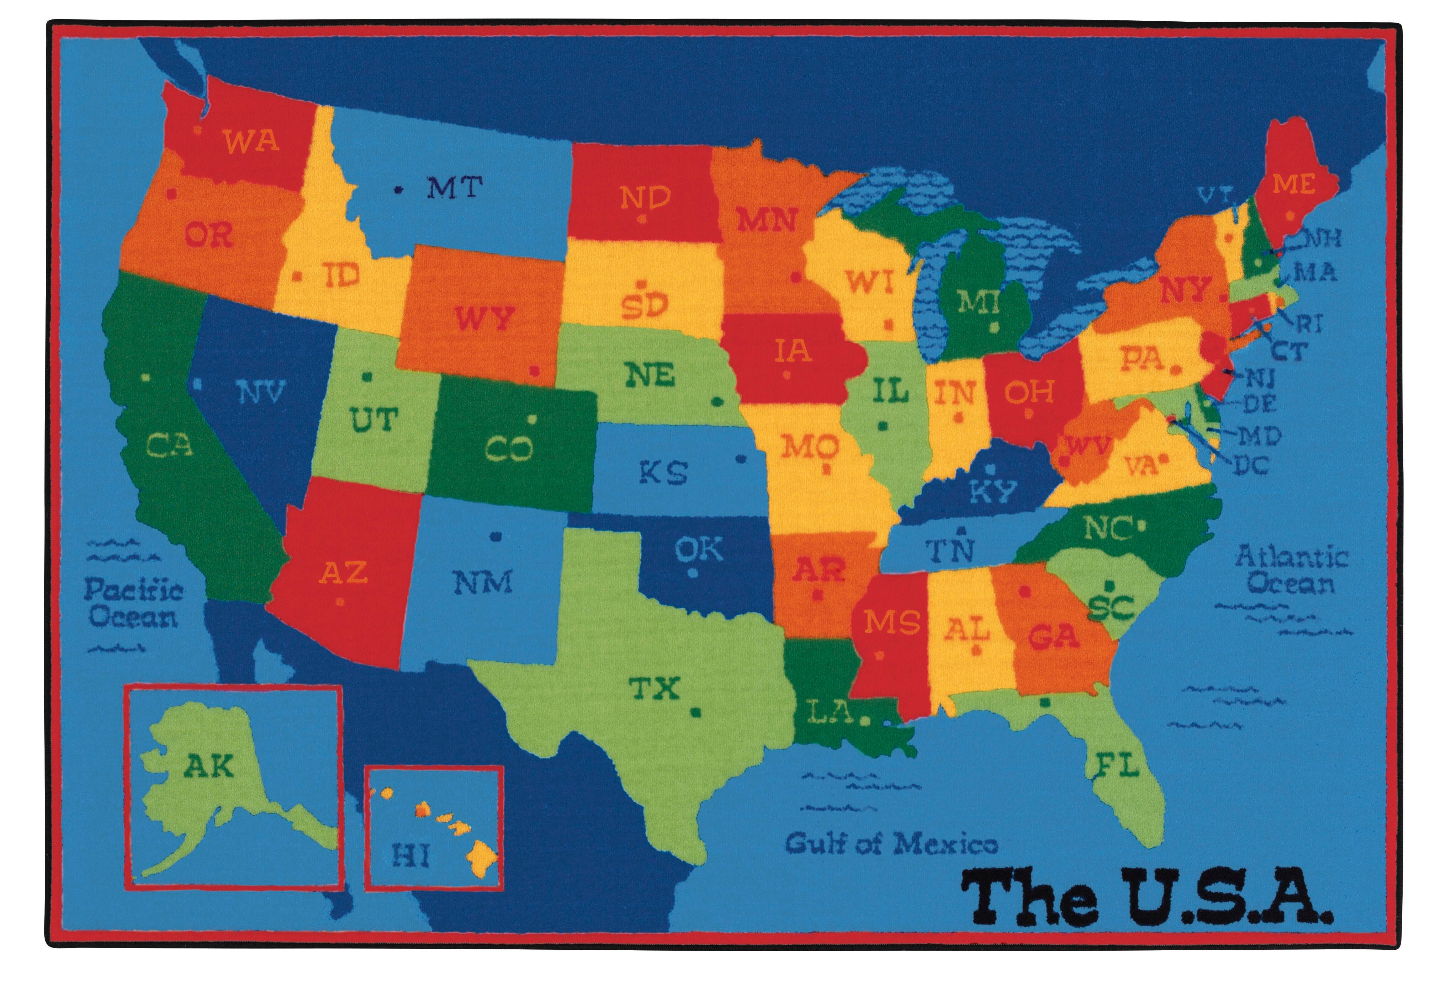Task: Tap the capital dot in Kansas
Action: [x=740, y=459]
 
